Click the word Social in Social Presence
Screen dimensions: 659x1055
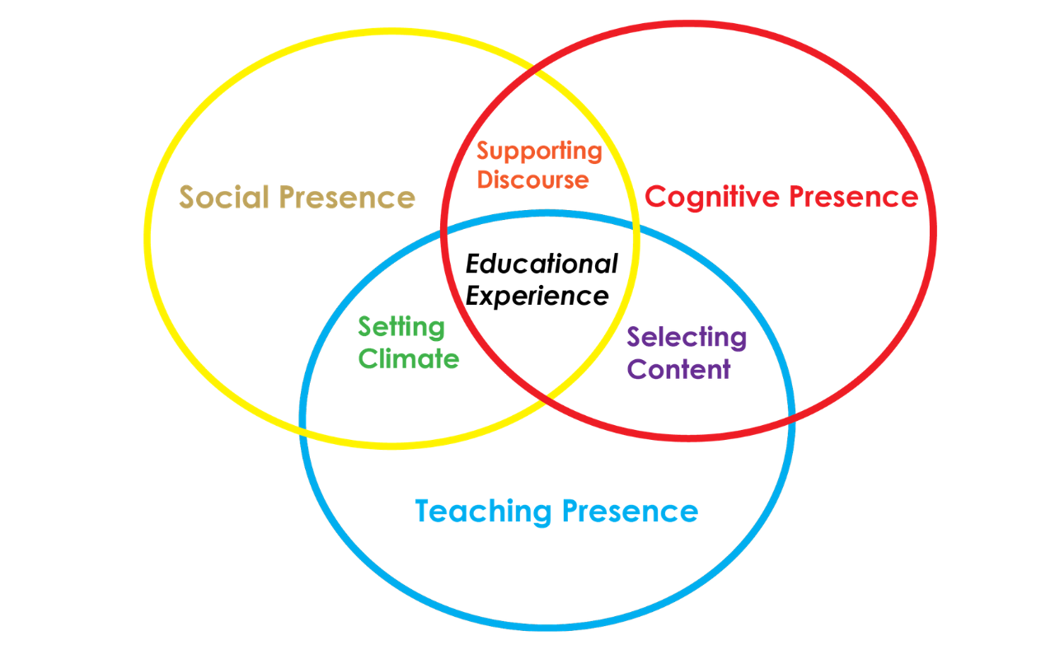point(225,198)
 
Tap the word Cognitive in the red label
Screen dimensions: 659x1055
point(713,197)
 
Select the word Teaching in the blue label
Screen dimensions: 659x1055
point(483,512)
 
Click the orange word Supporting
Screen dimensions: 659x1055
point(539,152)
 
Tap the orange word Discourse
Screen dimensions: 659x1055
point(532,180)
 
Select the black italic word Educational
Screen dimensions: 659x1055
point(542,264)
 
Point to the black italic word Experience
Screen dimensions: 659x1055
point(537,295)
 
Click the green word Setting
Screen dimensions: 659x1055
point(401,328)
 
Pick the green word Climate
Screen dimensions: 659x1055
point(409,359)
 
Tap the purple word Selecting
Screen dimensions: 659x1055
point(687,338)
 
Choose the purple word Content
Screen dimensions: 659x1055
point(678,369)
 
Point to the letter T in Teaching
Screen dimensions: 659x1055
point(424,512)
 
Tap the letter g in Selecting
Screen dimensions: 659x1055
point(738,340)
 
